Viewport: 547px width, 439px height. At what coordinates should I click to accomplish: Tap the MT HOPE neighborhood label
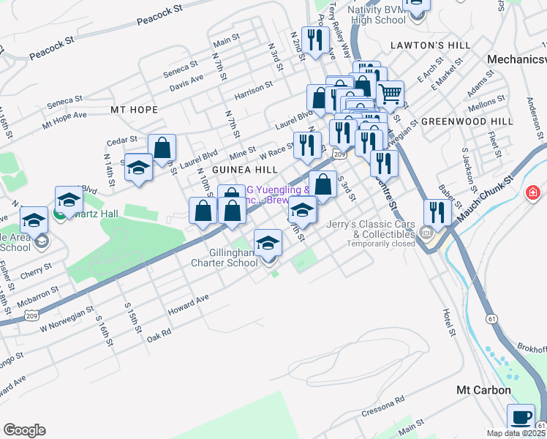click(134, 110)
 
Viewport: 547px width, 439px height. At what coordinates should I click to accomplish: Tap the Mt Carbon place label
click(483, 391)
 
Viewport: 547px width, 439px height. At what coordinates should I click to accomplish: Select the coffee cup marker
click(521, 417)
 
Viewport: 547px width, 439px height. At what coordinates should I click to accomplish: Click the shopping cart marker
click(391, 93)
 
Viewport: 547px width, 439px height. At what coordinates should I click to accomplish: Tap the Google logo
click(24, 430)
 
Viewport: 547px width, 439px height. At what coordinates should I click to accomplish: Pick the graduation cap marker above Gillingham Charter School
click(268, 241)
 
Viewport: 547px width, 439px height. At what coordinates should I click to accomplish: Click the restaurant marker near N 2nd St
click(315, 40)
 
